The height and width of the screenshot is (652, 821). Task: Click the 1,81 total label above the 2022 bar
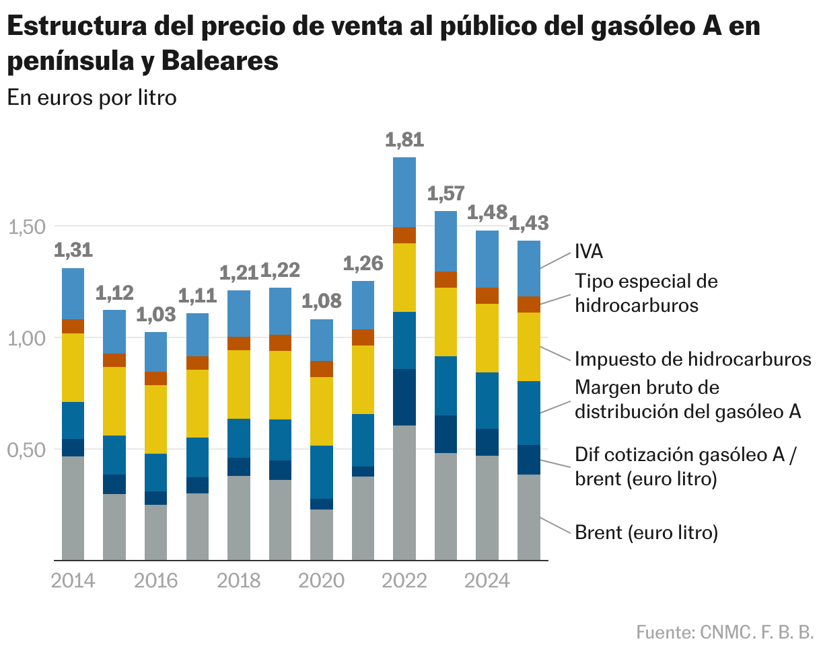point(404,140)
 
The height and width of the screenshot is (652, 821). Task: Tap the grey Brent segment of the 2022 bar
point(404,492)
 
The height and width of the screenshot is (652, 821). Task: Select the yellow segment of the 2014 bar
point(73,368)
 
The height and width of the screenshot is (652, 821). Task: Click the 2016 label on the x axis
point(155,581)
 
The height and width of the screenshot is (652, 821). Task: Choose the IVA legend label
point(589,252)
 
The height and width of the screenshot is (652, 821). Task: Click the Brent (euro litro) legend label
point(646,533)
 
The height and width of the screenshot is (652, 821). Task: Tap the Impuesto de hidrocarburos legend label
point(692,359)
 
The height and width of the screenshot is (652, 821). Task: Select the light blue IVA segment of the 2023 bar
point(446,241)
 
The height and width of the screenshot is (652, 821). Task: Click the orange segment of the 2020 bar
point(322,369)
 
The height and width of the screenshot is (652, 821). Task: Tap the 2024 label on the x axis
point(487,581)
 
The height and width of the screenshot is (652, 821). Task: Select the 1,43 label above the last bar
point(529,222)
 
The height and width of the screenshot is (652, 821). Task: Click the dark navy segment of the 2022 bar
point(404,397)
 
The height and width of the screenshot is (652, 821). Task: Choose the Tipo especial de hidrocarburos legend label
point(646,293)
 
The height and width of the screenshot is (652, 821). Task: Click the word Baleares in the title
point(219,61)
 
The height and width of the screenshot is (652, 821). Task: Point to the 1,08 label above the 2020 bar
point(322,301)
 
